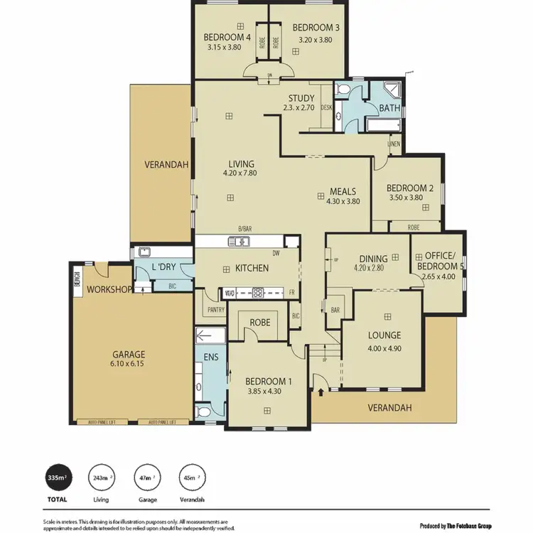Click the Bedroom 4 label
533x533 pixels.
[227, 38]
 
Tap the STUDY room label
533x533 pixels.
[301, 98]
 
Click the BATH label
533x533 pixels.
[389, 108]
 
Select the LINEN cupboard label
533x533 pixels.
[394, 144]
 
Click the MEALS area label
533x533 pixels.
[343, 191]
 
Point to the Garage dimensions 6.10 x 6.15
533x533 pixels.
[129, 364]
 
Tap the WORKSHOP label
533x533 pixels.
[108, 289]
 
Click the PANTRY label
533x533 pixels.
[214, 311]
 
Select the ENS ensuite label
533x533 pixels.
[210, 357]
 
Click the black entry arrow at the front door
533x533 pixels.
[321, 390]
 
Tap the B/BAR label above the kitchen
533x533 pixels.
[245, 229]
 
